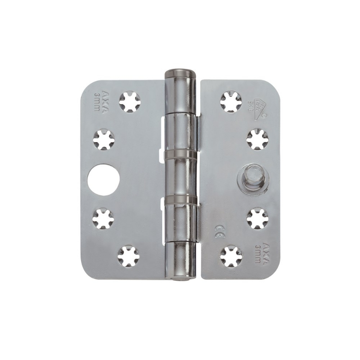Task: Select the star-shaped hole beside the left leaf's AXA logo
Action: click(130, 102)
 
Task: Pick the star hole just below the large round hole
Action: click(104, 218)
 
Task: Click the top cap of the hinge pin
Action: click(181, 73)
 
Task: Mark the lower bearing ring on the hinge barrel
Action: click(181, 198)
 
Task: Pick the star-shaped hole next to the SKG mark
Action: click(231, 102)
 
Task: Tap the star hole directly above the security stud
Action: click(257, 139)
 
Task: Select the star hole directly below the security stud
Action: click(258, 218)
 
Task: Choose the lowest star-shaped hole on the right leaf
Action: click(231, 256)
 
